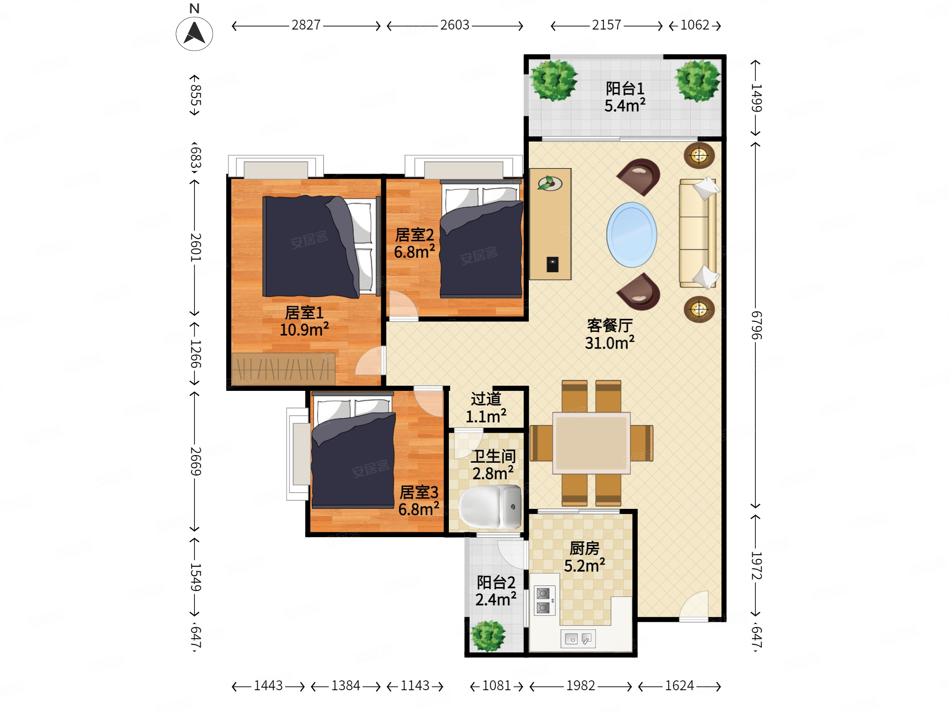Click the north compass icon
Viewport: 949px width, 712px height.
tap(195, 33)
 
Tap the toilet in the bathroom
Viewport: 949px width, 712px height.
tap(490, 507)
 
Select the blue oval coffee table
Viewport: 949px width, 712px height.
tap(631, 235)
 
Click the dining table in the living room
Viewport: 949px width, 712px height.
tap(591, 443)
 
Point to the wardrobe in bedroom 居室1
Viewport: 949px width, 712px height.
tap(283, 369)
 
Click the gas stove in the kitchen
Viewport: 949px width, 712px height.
tap(543, 600)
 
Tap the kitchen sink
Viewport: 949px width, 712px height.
tap(578, 639)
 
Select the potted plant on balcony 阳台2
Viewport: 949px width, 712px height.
tap(488, 636)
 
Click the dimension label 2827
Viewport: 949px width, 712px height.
tap(306, 25)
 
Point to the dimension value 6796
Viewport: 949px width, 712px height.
tap(756, 325)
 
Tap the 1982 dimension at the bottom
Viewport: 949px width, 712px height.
tap(581, 685)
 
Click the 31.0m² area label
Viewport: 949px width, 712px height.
tap(610, 343)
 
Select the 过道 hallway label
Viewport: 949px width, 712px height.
tap(486, 399)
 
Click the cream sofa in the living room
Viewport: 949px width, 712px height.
tap(698, 233)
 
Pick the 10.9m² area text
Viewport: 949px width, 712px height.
tap(304, 330)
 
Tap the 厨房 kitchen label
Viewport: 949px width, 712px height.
tap(584, 549)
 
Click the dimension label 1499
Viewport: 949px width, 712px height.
tap(756, 98)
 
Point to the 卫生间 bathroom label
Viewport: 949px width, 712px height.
tap(493, 457)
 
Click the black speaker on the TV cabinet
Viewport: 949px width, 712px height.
tap(553, 264)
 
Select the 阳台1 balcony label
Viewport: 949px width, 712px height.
tap(625, 89)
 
